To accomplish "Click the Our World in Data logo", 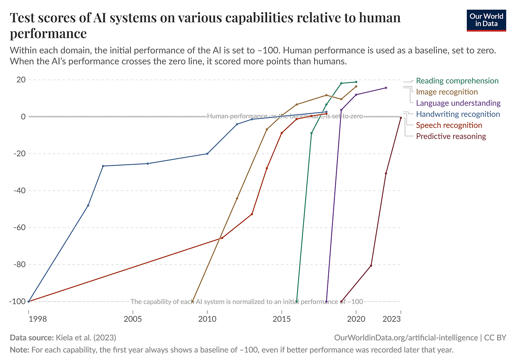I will point(486,20).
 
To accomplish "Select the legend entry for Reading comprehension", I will point(457,81).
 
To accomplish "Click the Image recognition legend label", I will point(447,92).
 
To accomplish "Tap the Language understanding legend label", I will point(458,103).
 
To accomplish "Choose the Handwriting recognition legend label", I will point(458,114).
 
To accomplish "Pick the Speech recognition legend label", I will point(449,125).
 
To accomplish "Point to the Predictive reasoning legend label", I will point(451,136).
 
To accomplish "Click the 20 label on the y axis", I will point(21,80).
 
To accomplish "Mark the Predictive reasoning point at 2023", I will point(400,118).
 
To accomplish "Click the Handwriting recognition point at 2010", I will point(207,154).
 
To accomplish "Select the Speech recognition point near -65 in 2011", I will point(222,238).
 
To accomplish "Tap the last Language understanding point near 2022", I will point(386,88).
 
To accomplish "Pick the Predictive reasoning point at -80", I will point(371,265).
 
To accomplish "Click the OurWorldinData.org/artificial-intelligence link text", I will point(406,338).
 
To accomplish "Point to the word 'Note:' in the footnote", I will point(19,350).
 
